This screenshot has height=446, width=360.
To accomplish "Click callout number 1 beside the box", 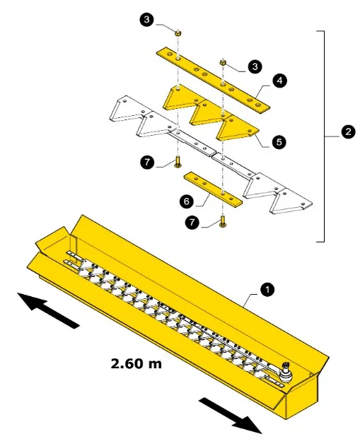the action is [267, 290].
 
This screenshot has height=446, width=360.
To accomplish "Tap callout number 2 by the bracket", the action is [348, 131].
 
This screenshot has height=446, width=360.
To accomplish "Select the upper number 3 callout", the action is [146, 20].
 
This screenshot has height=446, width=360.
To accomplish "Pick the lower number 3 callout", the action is [255, 66].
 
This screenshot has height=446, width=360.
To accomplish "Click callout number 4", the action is [279, 81].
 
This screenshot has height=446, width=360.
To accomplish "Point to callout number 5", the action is [279, 141].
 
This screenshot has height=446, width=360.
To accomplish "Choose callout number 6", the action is [187, 201].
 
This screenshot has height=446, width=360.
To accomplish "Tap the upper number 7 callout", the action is [147, 162].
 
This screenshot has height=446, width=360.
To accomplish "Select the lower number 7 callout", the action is [192, 222].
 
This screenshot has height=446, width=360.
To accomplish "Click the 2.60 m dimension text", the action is [136, 363].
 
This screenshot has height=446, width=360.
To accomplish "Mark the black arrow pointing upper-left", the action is [48, 310].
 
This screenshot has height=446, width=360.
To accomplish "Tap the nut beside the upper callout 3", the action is [178, 33].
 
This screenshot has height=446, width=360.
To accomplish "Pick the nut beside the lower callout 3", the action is [223, 62].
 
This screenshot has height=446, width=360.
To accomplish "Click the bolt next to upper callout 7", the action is [178, 162].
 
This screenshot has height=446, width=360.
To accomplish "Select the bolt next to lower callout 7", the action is [223, 222].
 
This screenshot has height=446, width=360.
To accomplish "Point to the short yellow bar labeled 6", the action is [213, 189].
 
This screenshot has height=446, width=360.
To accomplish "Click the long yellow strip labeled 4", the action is [213, 81].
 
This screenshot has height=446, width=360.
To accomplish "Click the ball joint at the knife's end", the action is [285, 372].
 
